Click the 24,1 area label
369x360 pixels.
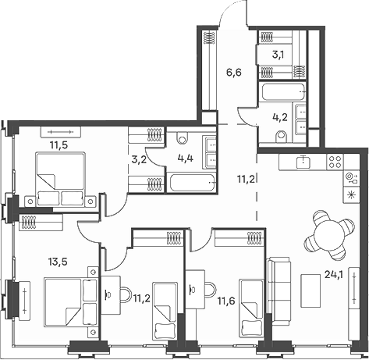(334, 274)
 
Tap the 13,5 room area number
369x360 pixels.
(58, 262)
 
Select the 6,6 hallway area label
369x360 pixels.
(234, 73)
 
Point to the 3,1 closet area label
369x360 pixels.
(278, 55)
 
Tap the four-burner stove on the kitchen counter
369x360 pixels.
(335, 162)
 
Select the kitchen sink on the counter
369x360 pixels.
(303, 162)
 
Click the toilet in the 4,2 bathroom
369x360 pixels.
(281, 137)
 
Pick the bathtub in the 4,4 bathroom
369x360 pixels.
(193, 183)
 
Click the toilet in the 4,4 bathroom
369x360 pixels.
(183, 137)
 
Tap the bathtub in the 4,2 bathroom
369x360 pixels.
(283, 91)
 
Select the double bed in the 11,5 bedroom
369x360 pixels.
(61, 179)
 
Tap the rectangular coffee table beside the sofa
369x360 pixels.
(310, 290)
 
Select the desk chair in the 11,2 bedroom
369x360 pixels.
(126, 294)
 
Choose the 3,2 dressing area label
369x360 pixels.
(139, 159)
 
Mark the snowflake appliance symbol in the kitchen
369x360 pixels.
(351, 195)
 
